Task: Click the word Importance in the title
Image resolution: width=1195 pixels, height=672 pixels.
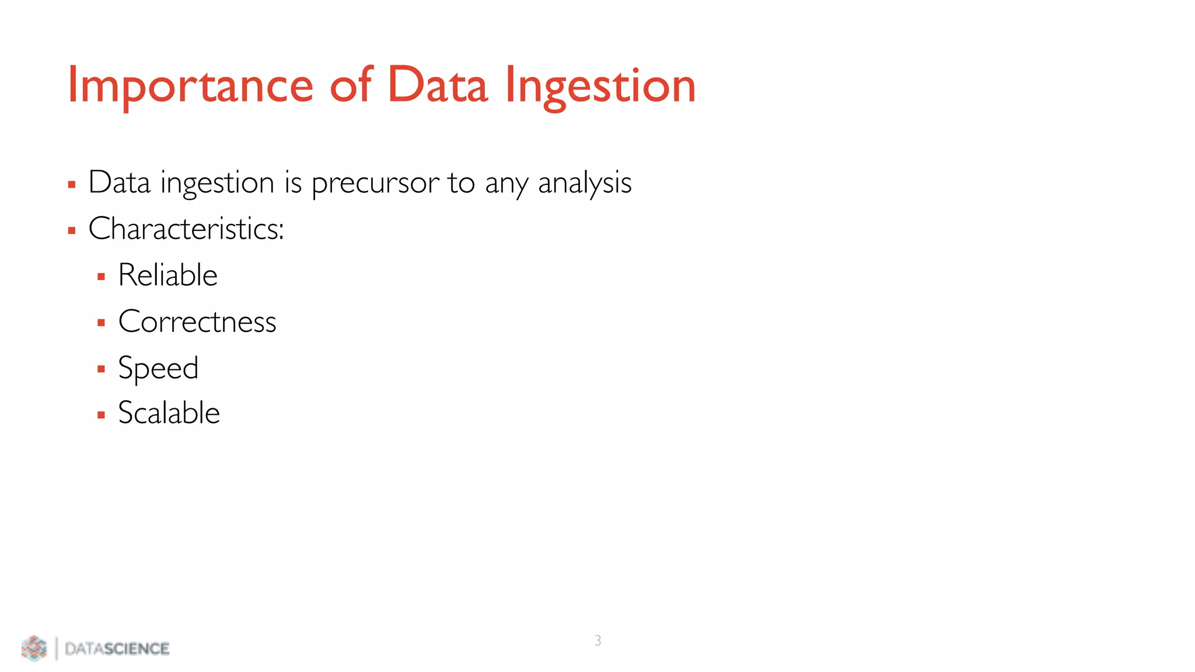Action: [x=190, y=86]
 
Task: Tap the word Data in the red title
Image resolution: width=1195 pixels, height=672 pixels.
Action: [x=437, y=86]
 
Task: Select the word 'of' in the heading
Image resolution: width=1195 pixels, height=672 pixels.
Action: [x=350, y=86]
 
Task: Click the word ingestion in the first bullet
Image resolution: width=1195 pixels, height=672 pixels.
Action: [x=217, y=183]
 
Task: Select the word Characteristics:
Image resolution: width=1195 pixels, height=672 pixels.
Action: [x=186, y=229]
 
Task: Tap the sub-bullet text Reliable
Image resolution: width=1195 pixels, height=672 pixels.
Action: [x=167, y=275]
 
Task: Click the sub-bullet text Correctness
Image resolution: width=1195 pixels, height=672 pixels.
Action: [x=197, y=321]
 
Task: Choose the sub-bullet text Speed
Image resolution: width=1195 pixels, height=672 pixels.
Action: [x=158, y=368]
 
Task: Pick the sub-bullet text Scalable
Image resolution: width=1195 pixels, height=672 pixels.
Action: [x=169, y=413]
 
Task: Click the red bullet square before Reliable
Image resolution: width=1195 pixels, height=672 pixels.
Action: [x=101, y=277]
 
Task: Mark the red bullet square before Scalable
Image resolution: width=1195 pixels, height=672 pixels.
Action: [x=101, y=415]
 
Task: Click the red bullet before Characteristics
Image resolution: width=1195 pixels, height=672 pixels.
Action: [x=72, y=231]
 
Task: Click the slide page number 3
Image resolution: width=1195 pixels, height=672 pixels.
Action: [x=597, y=640]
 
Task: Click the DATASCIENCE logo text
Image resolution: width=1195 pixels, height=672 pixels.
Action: [x=117, y=649]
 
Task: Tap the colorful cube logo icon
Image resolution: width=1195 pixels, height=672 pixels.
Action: [x=34, y=648]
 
